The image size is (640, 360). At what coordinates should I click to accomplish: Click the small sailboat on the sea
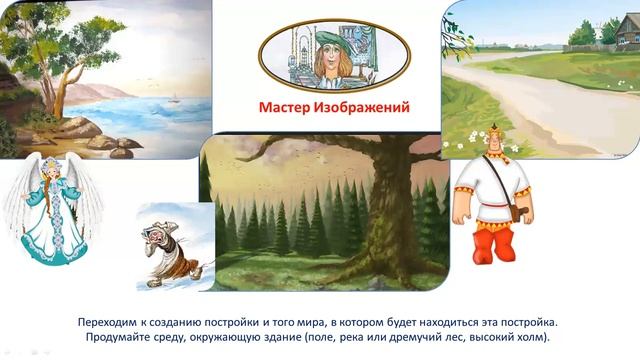(176, 97)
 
